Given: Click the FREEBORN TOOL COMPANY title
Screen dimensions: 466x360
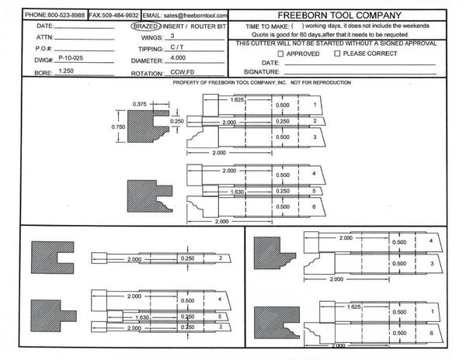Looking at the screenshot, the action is (339, 16).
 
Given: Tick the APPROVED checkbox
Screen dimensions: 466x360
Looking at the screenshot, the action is (280, 54).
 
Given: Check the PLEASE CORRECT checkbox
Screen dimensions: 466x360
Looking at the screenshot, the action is (337, 54).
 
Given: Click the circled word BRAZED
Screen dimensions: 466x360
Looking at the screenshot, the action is (146, 26).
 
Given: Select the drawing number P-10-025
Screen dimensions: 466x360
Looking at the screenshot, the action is (71, 58).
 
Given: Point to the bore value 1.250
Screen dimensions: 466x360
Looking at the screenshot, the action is (66, 71).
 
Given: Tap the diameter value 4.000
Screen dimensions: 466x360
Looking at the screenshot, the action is (178, 57).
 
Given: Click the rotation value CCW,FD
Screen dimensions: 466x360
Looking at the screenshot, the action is (183, 72).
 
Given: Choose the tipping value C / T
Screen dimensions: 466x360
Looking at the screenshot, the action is (177, 47).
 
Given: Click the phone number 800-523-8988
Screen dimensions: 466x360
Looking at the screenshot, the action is (66, 16).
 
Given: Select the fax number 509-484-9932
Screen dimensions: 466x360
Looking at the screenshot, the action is (120, 16).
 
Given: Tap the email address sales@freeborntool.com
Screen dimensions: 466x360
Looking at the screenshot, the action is (196, 16).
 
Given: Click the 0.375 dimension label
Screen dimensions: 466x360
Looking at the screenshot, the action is (139, 104).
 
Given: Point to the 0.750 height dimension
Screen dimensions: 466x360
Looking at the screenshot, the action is (118, 127).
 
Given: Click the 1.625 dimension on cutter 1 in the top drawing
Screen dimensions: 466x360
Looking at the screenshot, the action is (237, 100).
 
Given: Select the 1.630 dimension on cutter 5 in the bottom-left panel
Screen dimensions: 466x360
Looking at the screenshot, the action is (142, 317).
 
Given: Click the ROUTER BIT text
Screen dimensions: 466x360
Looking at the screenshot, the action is (208, 26).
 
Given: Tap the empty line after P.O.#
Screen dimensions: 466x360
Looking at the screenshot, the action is (84, 50).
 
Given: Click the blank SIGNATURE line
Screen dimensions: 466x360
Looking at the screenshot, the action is (360, 74).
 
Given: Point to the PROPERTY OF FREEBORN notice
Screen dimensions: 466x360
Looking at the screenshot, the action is (262, 82).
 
